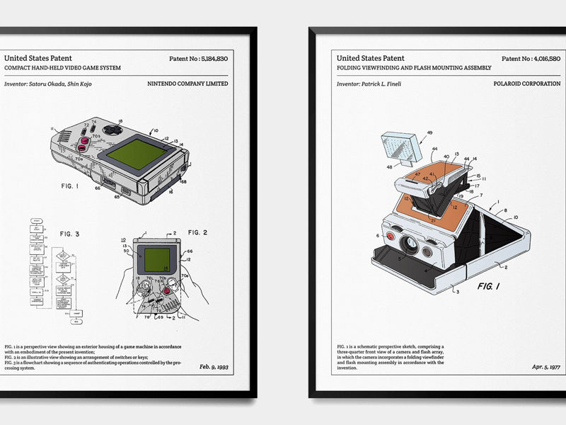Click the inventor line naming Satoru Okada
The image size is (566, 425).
point(48,84)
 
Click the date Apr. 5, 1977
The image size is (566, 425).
point(545,367)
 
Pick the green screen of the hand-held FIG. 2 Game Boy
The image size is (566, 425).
point(157,257)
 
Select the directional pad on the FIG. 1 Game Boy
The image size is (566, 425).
point(113,131)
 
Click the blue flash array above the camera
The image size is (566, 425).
point(402,147)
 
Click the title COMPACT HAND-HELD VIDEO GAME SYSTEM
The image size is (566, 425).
point(62,67)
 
